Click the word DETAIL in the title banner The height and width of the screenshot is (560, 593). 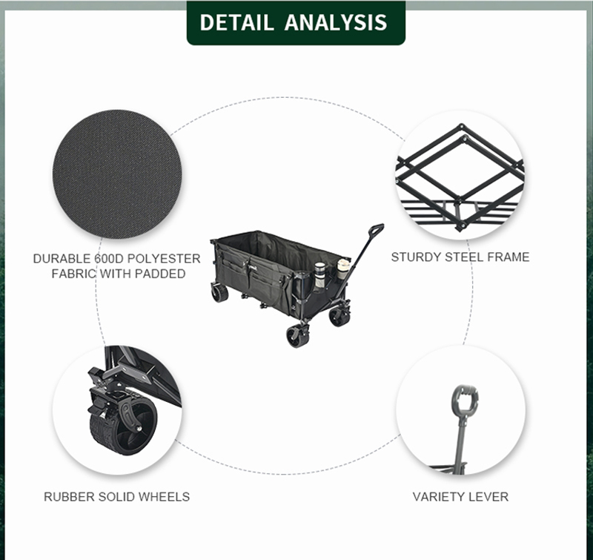pos(236,22)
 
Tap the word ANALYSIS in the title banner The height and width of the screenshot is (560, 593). pos(336,22)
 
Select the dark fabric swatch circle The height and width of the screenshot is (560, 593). pos(117,174)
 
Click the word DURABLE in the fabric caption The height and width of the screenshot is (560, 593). pos(62,259)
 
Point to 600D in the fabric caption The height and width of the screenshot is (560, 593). pos(109,259)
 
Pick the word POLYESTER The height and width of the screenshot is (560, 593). pos(164,259)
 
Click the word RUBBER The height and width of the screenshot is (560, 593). pos(69,497)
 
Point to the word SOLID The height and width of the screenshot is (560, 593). pos(116,497)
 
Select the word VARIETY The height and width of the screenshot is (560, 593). pos(437,497)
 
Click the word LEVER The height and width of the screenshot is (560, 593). pos(488,497)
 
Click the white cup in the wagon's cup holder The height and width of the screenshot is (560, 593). pos(343,269)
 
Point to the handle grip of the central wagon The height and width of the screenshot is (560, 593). pos(376,229)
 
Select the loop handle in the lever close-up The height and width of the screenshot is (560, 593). pos(465,401)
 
